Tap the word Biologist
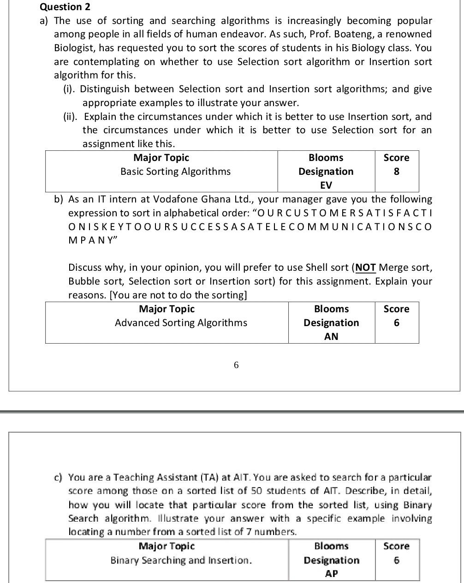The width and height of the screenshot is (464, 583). pyautogui.click(x=75, y=48)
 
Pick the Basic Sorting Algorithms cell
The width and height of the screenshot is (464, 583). pyautogui.click(x=175, y=172)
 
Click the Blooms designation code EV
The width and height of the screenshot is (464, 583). pyautogui.click(x=326, y=185)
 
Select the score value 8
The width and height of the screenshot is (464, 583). pyautogui.click(x=396, y=172)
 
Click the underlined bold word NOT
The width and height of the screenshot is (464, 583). pyautogui.click(x=366, y=268)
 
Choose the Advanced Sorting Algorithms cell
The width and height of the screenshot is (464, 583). pyautogui.click(x=181, y=323)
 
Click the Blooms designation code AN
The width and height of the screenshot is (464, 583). pyautogui.click(x=331, y=337)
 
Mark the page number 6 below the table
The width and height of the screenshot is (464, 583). pyautogui.click(x=236, y=365)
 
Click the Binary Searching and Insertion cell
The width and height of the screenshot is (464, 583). pyautogui.click(x=181, y=560)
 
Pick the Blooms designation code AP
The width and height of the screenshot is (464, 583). pyautogui.click(x=331, y=574)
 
